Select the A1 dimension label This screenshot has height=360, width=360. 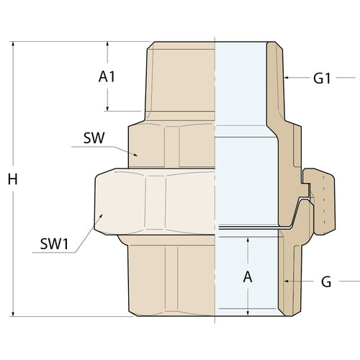click(x=107, y=76)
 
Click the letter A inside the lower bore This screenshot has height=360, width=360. click(x=248, y=276)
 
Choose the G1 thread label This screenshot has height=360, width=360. click(x=321, y=78)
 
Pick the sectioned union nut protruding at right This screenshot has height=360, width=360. click(x=317, y=194)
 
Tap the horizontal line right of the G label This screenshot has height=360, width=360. click(x=348, y=280)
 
